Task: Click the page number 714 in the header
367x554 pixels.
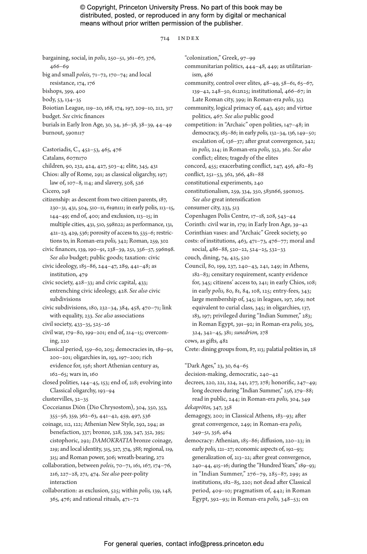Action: click(x=165, y=38)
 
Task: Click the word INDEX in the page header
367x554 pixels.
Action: click(x=189, y=38)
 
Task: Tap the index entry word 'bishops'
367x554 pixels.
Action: click(x=52, y=91)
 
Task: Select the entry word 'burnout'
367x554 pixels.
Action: click(x=53, y=133)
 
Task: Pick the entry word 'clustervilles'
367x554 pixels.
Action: click(x=57, y=399)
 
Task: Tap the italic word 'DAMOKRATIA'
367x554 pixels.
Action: click(x=112, y=441)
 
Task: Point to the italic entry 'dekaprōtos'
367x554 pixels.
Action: click(x=198, y=407)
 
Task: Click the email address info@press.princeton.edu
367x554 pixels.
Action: click(x=226, y=544)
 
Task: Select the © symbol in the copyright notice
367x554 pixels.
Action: click(x=83, y=7)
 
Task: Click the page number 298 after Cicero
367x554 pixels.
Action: click(x=66, y=191)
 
